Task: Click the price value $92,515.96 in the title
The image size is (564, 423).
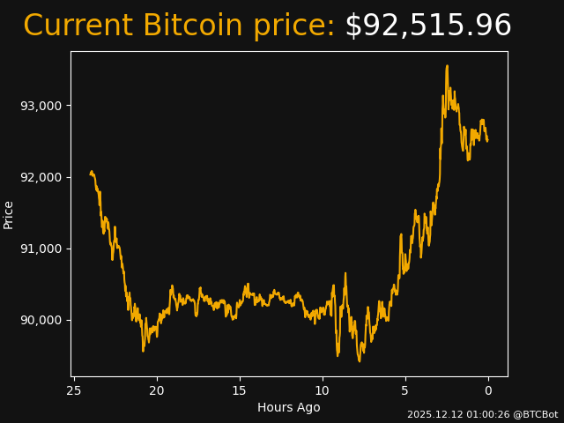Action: (427, 26)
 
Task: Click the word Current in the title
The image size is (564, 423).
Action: (78, 26)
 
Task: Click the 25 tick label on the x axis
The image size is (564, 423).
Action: (74, 390)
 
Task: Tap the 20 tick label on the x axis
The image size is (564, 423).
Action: (157, 390)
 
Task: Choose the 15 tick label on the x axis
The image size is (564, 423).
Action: (239, 390)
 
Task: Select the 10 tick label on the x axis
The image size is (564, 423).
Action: (322, 390)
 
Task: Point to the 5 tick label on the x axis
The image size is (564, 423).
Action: (404, 390)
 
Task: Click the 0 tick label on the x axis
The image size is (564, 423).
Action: (487, 390)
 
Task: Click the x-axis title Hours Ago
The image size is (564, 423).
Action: (288, 407)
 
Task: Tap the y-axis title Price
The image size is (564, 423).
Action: (9, 214)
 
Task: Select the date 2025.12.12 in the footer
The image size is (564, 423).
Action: (434, 414)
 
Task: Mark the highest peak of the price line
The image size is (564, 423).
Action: (447, 65)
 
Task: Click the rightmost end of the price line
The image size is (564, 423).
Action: (487, 140)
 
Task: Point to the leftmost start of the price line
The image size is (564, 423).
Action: (90, 174)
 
